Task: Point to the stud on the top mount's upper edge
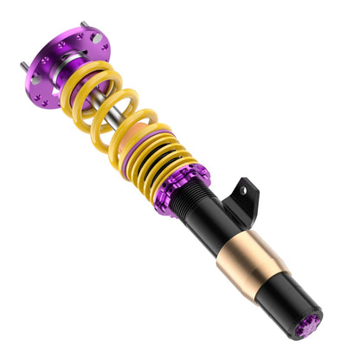click(84, 25)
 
